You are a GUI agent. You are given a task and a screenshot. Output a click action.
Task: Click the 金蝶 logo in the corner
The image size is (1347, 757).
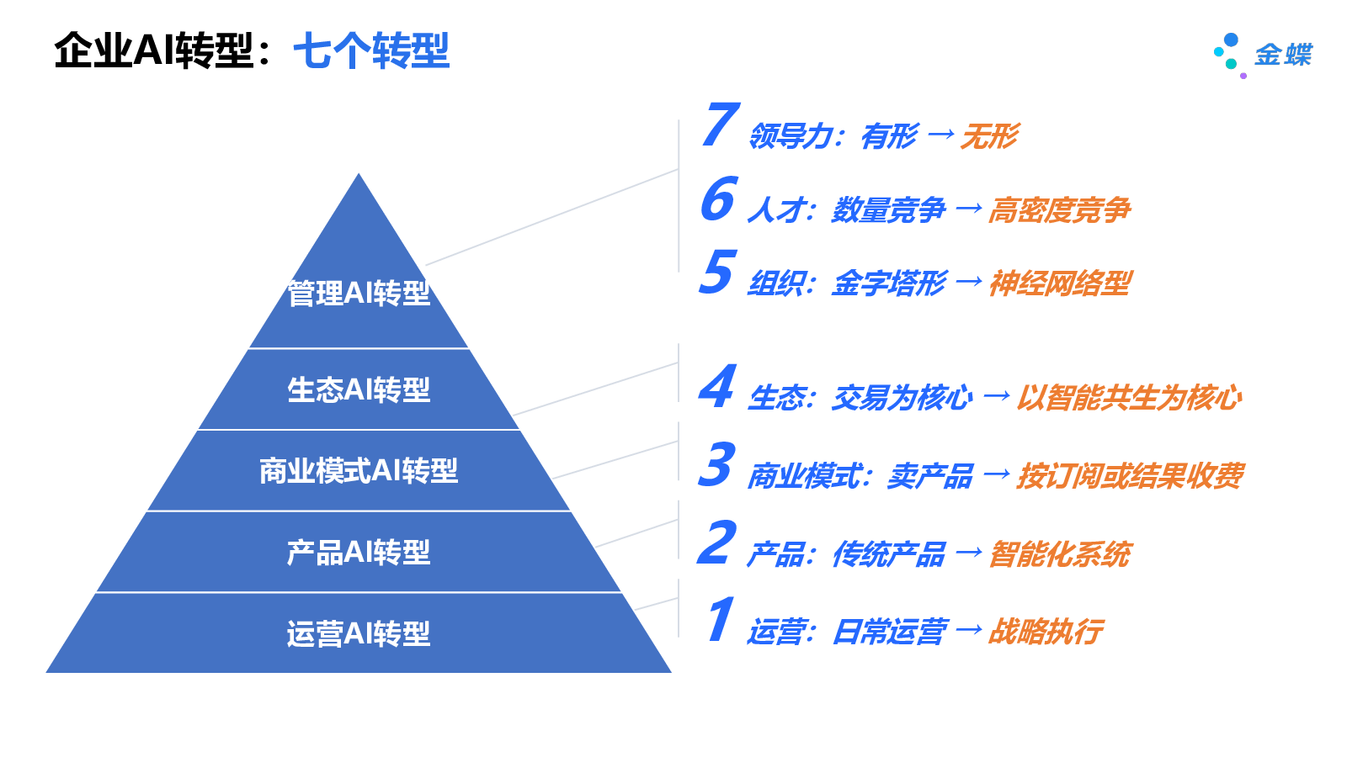tap(1262, 55)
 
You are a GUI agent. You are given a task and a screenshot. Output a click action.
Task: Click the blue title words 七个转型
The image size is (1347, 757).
tap(371, 50)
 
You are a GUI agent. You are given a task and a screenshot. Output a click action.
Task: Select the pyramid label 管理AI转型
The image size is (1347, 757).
tap(359, 294)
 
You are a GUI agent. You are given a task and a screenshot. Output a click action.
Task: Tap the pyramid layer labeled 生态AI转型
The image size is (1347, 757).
tap(359, 389)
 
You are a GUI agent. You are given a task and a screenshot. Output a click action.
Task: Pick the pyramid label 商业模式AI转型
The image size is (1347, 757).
tap(359, 471)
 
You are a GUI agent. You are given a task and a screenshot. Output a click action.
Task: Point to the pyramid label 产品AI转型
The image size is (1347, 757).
tap(359, 553)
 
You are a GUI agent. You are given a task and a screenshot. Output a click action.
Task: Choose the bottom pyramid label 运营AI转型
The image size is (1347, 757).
tap(359, 633)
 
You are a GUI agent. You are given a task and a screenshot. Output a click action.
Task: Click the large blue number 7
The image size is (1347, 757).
tap(721, 124)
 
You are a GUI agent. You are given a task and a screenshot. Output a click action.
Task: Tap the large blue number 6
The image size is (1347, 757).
tap(718, 199)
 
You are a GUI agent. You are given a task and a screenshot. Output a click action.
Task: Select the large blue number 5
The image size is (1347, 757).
tap(717, 273)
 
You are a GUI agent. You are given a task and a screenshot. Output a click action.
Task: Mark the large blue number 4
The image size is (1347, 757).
tap(717, 387)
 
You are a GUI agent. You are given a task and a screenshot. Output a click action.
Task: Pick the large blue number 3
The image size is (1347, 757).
tap(716, 464)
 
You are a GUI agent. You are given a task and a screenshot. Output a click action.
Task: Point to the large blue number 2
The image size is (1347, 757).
tap(716, 543)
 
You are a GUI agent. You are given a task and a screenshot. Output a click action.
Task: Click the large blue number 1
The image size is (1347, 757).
tap(720, 620)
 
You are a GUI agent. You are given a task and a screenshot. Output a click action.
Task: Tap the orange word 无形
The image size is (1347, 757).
tap(989, 136)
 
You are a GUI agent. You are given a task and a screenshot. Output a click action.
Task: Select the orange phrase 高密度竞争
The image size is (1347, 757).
tap(1059, 210)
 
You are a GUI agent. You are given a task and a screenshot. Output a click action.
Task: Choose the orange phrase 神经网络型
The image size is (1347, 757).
tap(1060, 283)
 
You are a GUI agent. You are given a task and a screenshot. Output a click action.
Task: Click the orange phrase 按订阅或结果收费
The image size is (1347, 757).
tap(1130, 476)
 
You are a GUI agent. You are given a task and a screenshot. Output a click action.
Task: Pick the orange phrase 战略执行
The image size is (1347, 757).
tap(1045, 632)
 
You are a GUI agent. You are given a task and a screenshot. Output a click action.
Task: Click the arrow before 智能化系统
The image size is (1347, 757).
tap(969, 553)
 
